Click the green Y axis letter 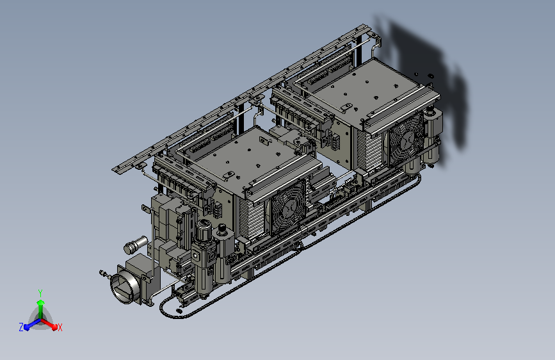coord(40,293)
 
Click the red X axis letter coord(60,327)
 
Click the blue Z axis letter coord(21,327)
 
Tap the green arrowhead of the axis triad coord(41,303)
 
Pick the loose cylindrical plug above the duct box coord(135,245)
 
